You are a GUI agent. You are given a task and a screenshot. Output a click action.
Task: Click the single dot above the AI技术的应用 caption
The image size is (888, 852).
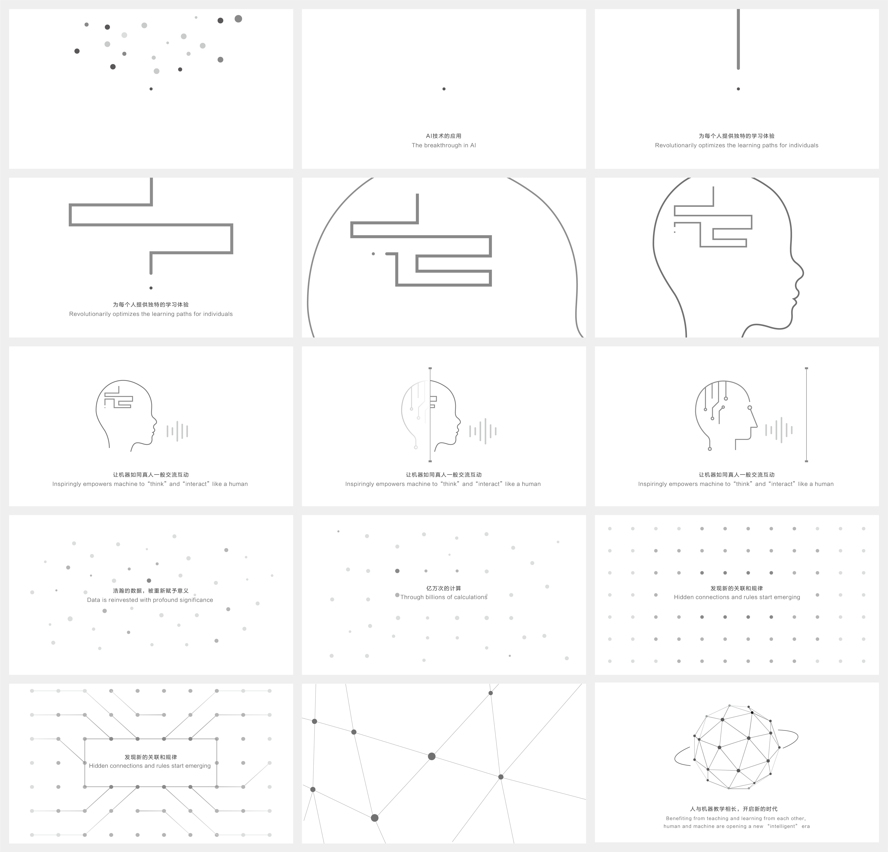[444, 89]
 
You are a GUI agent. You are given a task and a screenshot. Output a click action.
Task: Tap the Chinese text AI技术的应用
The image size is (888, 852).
[444, 136]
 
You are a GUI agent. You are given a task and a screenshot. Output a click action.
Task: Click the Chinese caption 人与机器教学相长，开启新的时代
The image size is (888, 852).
[734, 809]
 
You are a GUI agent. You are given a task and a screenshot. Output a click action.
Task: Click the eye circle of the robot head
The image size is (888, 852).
[750, 408]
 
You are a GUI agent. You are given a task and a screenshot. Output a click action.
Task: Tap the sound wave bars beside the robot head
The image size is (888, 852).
[779, 430]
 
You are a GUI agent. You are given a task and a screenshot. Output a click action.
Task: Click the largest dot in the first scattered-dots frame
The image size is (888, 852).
[238, 19]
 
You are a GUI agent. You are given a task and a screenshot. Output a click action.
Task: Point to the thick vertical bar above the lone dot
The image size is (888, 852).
[738, 39]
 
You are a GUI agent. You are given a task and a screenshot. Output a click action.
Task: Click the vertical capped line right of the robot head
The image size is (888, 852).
[806, 414]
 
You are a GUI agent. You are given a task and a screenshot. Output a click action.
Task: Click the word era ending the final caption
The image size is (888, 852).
[806, 826]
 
